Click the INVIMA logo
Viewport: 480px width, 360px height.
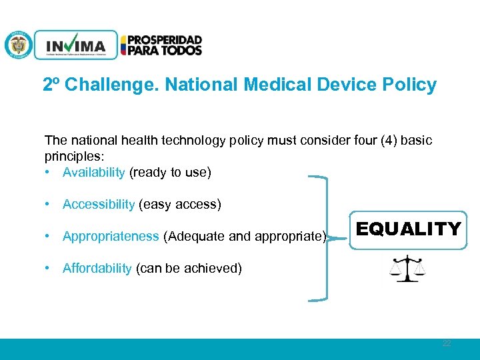(76, 45)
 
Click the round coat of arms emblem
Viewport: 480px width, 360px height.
(18, 45)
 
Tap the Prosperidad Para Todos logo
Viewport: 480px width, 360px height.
(161, 45)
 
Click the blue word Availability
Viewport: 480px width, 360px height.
(93, 173)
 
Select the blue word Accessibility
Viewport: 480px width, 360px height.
(98, 204)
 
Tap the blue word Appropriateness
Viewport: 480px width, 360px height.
(111, 236)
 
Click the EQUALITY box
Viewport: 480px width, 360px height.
(408, 230)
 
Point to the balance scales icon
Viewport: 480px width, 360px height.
(407, 268)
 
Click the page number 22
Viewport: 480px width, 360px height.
(446, 343)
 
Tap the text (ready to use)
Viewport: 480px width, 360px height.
(170, 173)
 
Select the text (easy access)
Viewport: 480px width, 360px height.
(179, 204)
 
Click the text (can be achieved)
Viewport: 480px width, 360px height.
(189, 268)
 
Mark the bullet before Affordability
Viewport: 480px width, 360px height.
(49, 268)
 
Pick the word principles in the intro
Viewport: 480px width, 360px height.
(71, 157)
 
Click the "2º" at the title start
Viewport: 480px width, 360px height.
(52, 85)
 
